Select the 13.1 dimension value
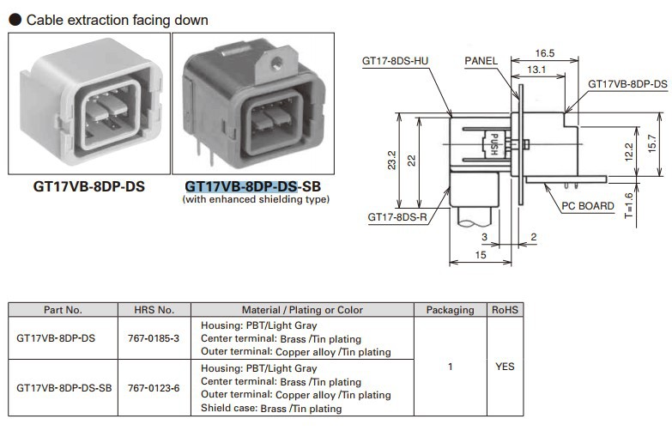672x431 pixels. click(536, 70)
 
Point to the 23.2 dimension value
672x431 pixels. click(391, 160)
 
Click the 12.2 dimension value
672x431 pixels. click(629, 151)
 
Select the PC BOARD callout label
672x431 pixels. click(588, 206)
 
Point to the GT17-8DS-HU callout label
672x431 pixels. click(396, 61)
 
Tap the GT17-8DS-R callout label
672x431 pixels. click(397, 218)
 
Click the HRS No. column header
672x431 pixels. click(154, 310)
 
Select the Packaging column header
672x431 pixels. click(450, 310)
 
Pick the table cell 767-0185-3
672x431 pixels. click(154, 338)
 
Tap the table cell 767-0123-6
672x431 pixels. click(154, 388)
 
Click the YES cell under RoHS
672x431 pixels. click(506, 367)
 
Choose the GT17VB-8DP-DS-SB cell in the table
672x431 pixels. click(64, 388)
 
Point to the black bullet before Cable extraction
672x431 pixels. click(14, 18)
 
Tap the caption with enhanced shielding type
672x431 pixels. click(256, 199)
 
